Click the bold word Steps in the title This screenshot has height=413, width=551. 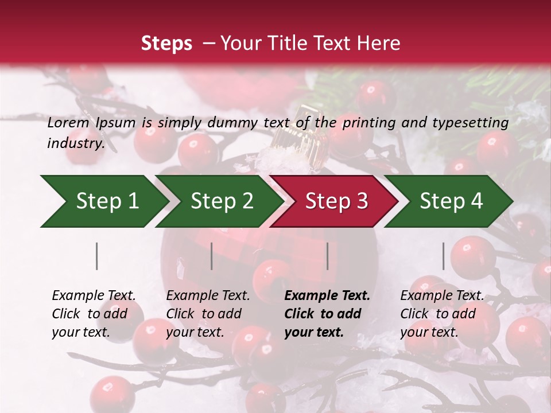[x=166, y=44]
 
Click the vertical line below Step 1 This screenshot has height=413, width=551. [x=97, y=256]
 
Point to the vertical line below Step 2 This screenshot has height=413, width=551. [x=212, y=256]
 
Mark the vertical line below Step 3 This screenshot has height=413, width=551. [x=327, y=256]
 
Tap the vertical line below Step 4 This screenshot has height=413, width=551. [x=443, y=256]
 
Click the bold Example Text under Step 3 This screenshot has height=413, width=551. [x=327, y=314]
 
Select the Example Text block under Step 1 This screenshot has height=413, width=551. [x=94, y=314]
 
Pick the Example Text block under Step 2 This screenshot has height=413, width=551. [x=208, y=314]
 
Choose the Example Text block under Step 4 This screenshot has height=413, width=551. [x=442, y=314]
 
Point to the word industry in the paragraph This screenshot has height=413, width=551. [x=75, y=143]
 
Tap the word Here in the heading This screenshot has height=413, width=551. [x=378, y=44]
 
